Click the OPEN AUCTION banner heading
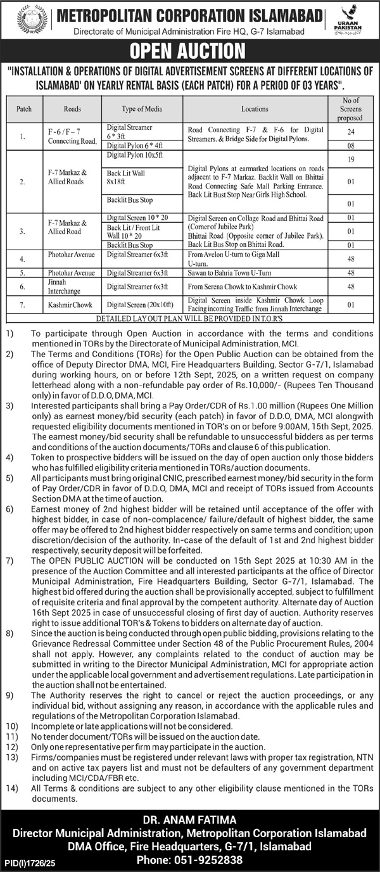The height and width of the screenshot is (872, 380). [x=190, y=51]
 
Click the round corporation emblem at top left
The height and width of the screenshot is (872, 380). [x=30, y=20]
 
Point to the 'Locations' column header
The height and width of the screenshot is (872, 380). [x=255, y=109]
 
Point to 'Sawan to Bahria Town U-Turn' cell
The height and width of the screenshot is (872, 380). [x=255, y=273]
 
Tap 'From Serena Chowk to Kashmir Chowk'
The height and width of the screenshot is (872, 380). [x=255, y=286]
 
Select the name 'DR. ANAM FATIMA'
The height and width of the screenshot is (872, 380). [x=190, y=820]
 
